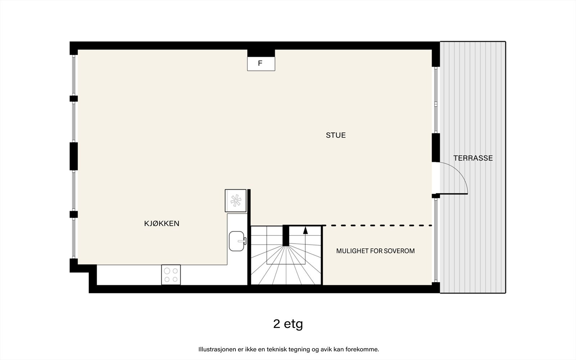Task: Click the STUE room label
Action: [336, 135]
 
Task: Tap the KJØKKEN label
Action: [162, 224]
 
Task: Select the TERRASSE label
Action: [473, 158]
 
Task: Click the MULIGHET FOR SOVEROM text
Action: [375, 251]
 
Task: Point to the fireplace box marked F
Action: [261, 64]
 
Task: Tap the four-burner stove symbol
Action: [171, 275]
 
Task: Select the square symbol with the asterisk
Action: [235, 201]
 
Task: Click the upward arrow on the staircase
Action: [306, 231]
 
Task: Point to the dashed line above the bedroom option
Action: [378, 225]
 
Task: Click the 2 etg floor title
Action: [288, 324]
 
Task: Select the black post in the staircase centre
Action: [286, 235]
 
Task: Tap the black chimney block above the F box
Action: [261, 53]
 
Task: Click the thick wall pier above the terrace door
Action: [436, 148]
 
